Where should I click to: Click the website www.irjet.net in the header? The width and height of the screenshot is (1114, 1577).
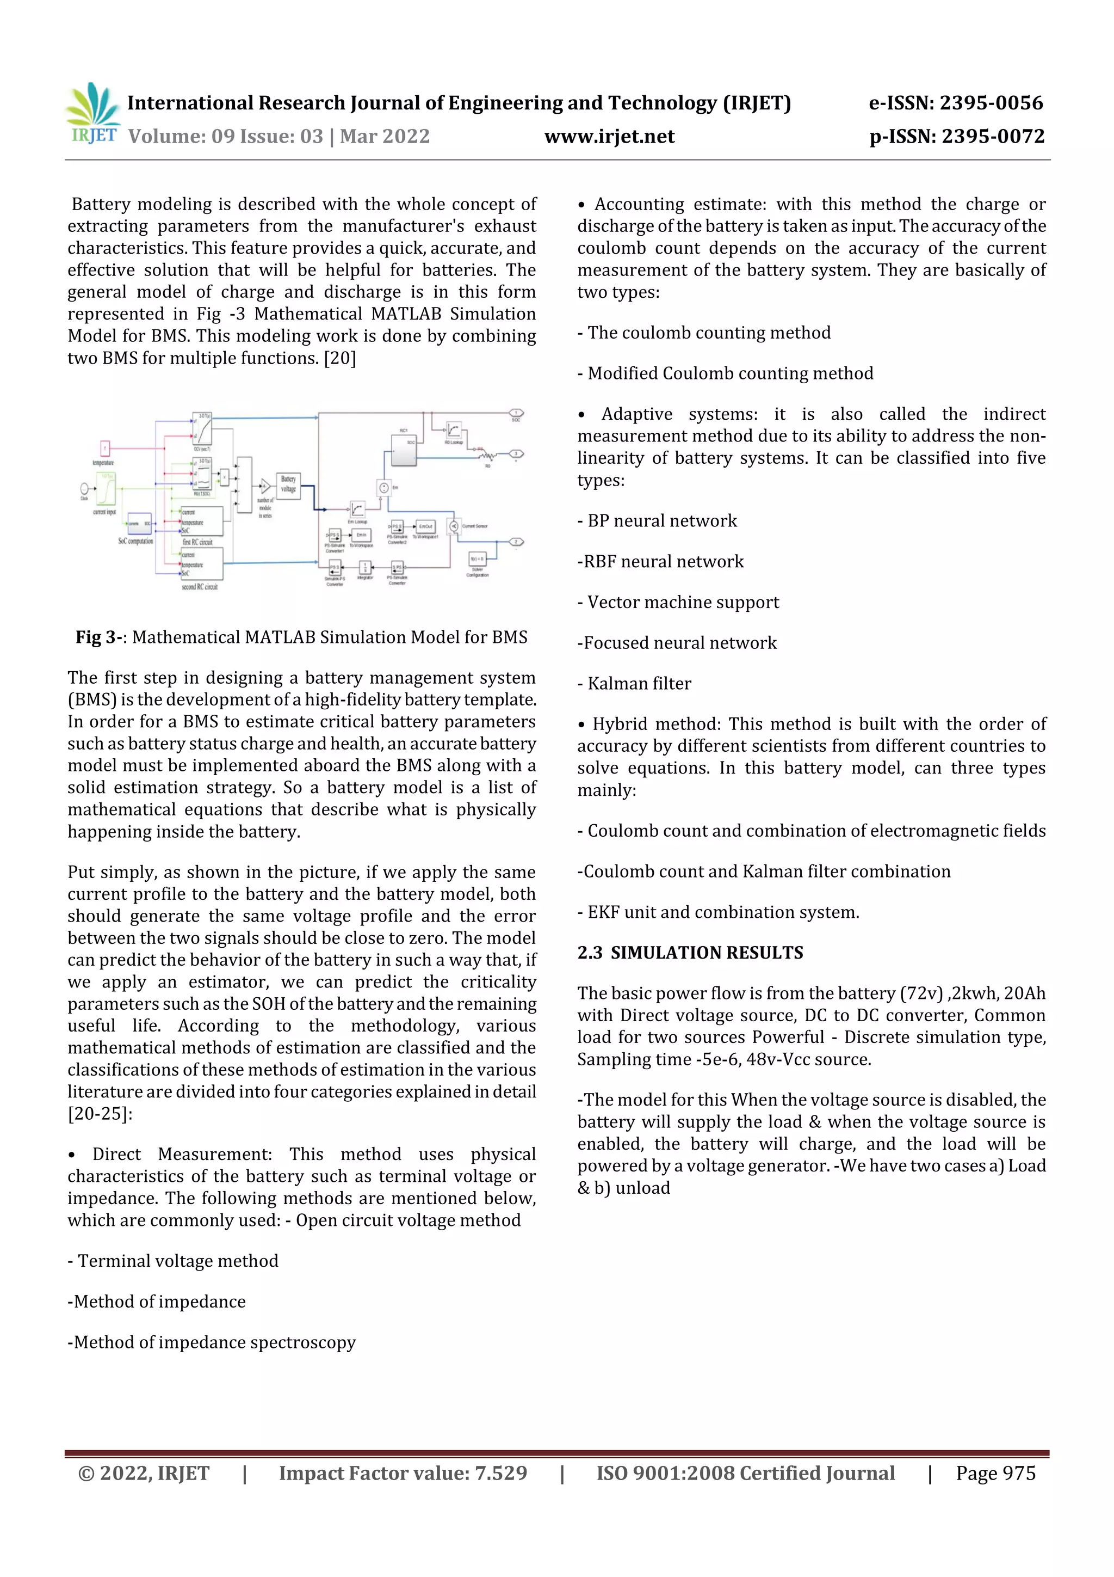click(x=609, y=136)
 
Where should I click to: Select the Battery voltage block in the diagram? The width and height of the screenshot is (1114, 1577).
click(x=288, y=486)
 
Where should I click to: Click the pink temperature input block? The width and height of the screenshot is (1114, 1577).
click(x=105, y=449)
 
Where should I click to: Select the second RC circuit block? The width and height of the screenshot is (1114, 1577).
click(x=201, y=564)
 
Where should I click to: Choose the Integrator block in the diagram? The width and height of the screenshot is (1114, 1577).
click(x=365, y=567)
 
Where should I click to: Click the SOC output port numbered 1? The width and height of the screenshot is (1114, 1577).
click(x=516, y=414)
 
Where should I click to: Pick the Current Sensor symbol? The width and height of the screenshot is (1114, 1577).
click(x=454, y=526)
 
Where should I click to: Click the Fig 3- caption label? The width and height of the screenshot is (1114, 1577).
click(x=100, y=637)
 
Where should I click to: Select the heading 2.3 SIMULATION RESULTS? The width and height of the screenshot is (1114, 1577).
click(x=690, y=953)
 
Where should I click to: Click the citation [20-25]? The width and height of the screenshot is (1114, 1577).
click(x=100, y=1113)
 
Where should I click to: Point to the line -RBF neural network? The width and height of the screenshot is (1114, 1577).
click(x=660, y=561)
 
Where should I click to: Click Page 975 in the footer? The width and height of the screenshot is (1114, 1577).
click(x=995, y=1472)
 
